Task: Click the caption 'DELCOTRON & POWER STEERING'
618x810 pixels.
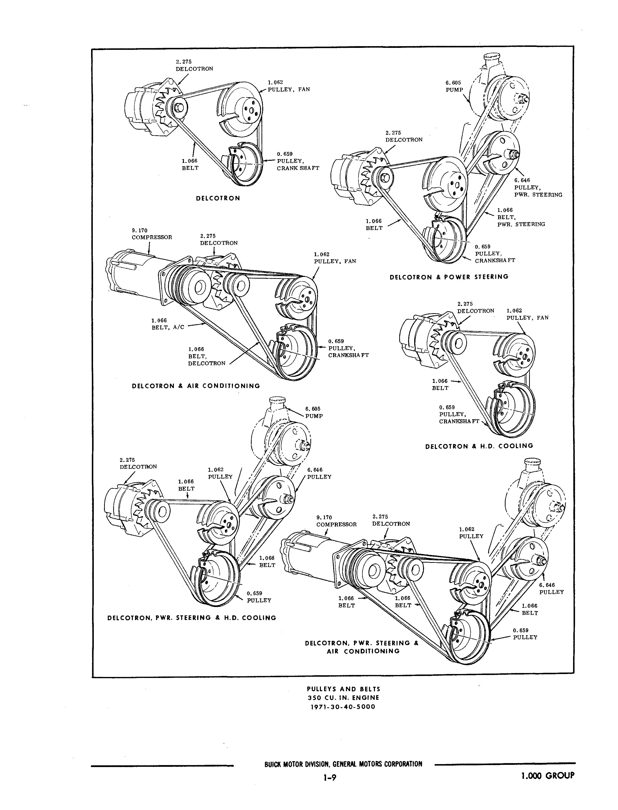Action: (449, 277)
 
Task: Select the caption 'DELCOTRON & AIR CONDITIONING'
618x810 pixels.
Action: (196, 386)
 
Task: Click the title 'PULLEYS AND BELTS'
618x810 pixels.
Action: (343, 689)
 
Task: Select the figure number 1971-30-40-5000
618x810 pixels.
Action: (343, 707)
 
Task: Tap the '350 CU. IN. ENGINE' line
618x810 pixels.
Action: (343, 698)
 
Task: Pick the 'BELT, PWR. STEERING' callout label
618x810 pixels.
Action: (521, 217)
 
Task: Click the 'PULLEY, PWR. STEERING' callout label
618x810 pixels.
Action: (538, 188)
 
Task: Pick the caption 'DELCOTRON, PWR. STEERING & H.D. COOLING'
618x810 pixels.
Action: (191, 618)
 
